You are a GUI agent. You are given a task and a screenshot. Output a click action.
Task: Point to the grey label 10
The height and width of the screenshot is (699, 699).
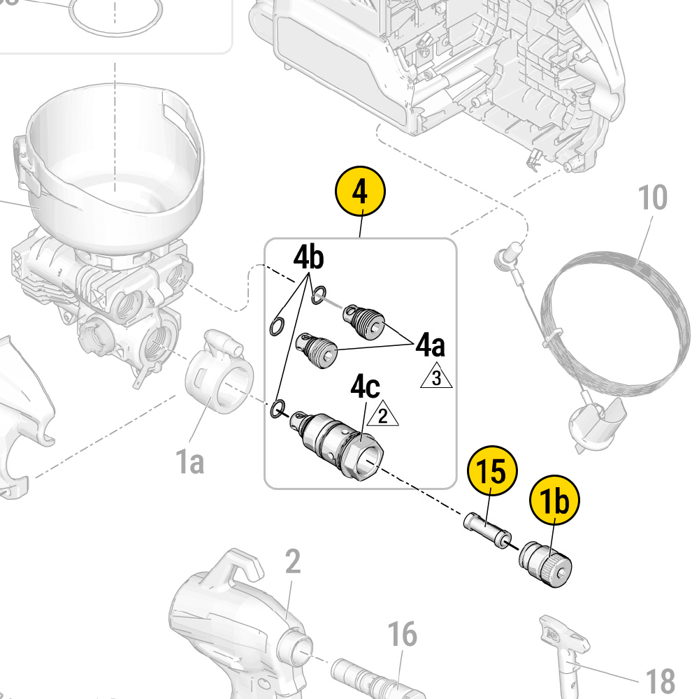coord(652,199)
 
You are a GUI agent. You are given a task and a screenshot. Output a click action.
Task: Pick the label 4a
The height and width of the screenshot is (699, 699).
coord(431,345)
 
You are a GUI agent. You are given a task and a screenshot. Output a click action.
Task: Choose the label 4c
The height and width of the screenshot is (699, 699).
coord(366,388)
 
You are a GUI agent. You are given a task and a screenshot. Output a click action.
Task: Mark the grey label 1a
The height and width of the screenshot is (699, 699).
coord(189,461)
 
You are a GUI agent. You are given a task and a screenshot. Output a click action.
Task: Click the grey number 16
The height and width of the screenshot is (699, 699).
coord(402,635)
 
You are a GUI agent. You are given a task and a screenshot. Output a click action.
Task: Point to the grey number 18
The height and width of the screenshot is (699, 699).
coord(659,680)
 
